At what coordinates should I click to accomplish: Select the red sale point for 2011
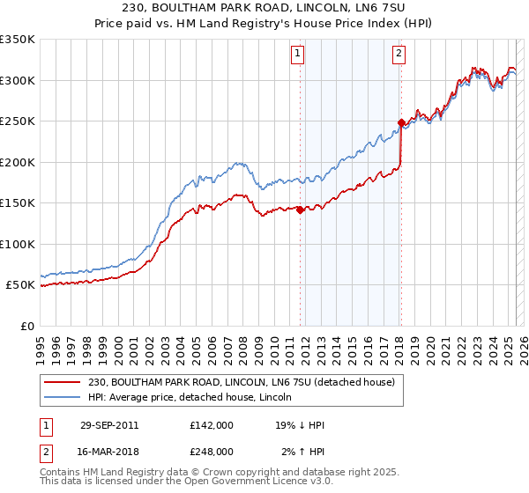(x=300, y=210)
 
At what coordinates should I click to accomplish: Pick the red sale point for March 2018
(x=401, y=122)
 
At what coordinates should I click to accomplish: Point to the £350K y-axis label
(x=18, y=40)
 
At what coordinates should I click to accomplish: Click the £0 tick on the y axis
(x=28, y=326)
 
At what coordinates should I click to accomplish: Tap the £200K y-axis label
(x=18, y=162)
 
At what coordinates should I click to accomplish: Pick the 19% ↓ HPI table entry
(x=300, y=425)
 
